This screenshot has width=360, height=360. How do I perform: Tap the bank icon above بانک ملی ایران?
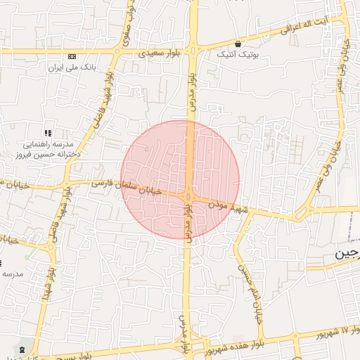click(x=72, y=56)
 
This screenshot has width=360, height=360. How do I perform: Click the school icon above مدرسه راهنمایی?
click(x=48, y=132)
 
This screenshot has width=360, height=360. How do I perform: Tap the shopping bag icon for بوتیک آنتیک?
click(x=238, y=44)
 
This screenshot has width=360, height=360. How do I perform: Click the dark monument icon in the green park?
click(x=22, y=349)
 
